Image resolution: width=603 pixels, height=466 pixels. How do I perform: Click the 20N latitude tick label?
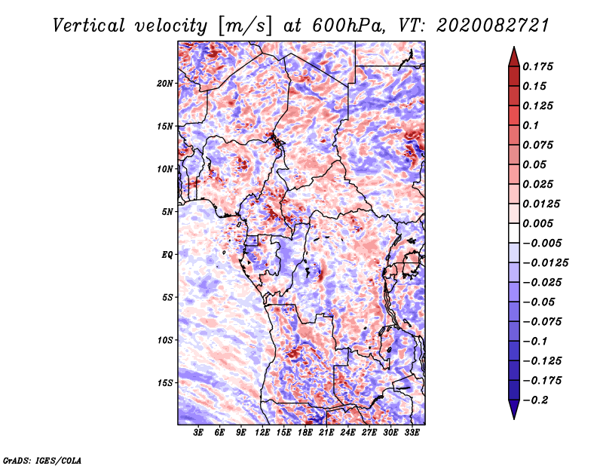[165, 84]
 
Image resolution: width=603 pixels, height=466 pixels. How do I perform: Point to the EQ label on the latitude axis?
[167, 255]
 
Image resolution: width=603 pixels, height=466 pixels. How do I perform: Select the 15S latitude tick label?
[165, 383]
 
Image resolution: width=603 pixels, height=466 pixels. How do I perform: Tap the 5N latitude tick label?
[167, 212]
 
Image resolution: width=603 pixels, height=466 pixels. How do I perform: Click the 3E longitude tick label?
[198, 433]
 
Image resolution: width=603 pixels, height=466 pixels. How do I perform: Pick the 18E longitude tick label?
[305, 433]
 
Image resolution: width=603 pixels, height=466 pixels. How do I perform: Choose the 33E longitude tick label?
[412, 433]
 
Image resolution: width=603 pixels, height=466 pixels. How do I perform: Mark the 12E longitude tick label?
[262, 433]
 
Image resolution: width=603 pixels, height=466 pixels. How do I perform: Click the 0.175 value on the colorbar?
[537, 66]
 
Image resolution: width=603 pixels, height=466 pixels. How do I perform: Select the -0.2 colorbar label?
[535, 400]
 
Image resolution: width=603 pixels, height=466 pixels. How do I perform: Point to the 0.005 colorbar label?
[537, 223]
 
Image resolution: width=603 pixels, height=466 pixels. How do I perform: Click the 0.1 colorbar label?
[531, 125]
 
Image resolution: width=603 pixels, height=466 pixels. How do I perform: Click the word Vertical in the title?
[89, 26]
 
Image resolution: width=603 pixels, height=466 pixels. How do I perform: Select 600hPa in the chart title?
[348, 26]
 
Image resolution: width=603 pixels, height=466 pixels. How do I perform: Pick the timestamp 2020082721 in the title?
[493, 26]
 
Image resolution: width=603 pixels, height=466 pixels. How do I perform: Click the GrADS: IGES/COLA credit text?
[42, 461]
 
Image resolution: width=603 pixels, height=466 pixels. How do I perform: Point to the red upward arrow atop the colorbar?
[514, 57]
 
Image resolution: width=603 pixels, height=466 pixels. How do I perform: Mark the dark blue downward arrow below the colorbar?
[514, 409]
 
